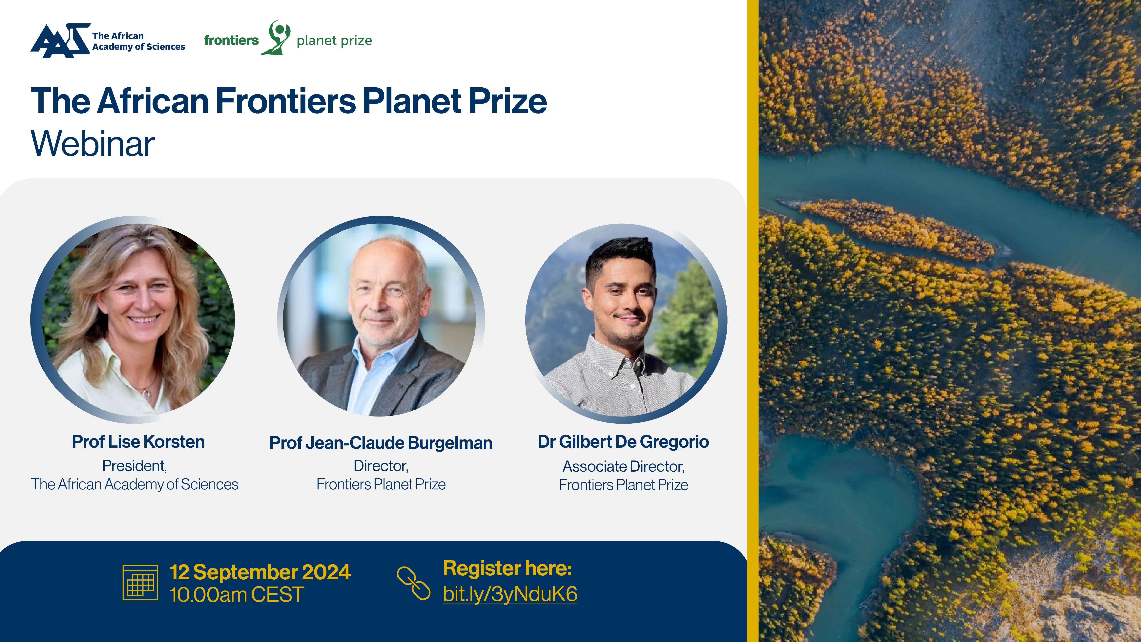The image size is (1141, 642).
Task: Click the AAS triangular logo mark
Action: (x=61, y=41)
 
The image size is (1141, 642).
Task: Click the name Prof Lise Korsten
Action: (x=138, y=442)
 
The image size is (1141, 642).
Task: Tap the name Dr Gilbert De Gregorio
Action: (x=623, y=442)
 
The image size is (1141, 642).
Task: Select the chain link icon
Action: (x=413, y=583)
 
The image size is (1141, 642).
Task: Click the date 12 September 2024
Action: (x=260, y=572)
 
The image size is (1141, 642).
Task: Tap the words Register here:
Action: (x=507, y=568)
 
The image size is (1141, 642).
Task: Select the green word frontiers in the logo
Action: (x=231, y=40)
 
